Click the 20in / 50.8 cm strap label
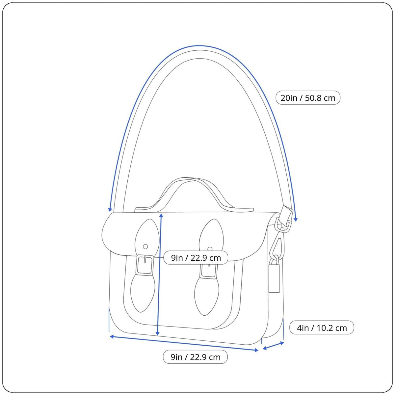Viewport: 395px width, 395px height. click(308, 98)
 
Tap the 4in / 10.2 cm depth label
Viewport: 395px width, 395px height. click(321, 328)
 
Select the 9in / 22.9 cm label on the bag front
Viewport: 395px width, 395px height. click(196, 258)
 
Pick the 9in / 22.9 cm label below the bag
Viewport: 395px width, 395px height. click(195, 357)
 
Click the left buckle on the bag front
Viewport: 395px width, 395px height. click(145, 265)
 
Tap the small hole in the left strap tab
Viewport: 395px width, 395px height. click(145, 247)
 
